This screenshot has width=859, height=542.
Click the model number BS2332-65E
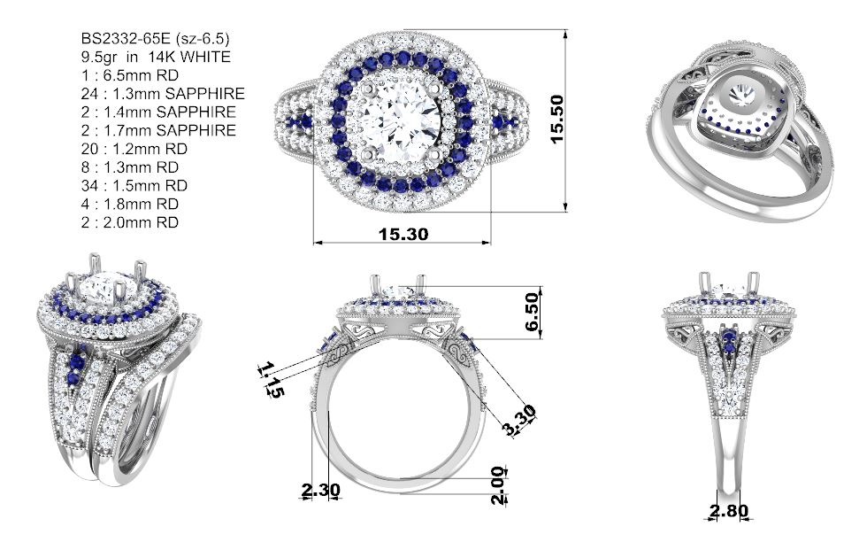click(125, 38)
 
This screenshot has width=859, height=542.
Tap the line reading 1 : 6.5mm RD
click(130, 75)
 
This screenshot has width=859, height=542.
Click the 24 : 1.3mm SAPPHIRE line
click(163, 94)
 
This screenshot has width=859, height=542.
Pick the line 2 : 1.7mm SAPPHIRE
click(158, 130)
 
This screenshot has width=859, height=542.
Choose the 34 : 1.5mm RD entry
click(134, 185)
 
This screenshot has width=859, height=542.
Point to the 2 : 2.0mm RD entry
click(130, 222)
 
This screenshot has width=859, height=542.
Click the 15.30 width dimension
click(403, 234)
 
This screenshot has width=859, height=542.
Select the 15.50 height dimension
click(556, 119)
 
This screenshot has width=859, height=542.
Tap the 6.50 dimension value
click(532, 312)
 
